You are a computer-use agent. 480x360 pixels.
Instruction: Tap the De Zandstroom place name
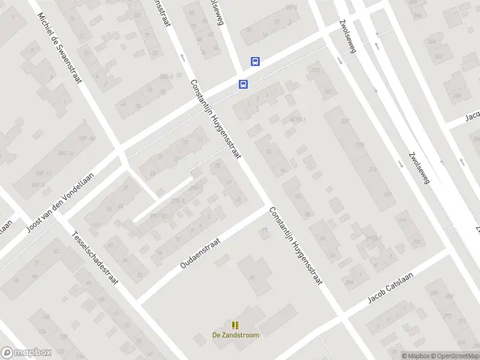coord(235,335)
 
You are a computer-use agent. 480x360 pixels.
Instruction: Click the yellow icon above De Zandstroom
coord(235,325)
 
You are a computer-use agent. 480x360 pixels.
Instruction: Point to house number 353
coord(314,71)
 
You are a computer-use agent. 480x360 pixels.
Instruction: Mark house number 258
coord(457,95)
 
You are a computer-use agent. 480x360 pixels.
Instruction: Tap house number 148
coord(46,316)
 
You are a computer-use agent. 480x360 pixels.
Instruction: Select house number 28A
coord(349,282)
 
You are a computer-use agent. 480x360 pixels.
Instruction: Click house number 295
coord(416,241)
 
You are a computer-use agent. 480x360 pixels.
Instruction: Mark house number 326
coord(360,145)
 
